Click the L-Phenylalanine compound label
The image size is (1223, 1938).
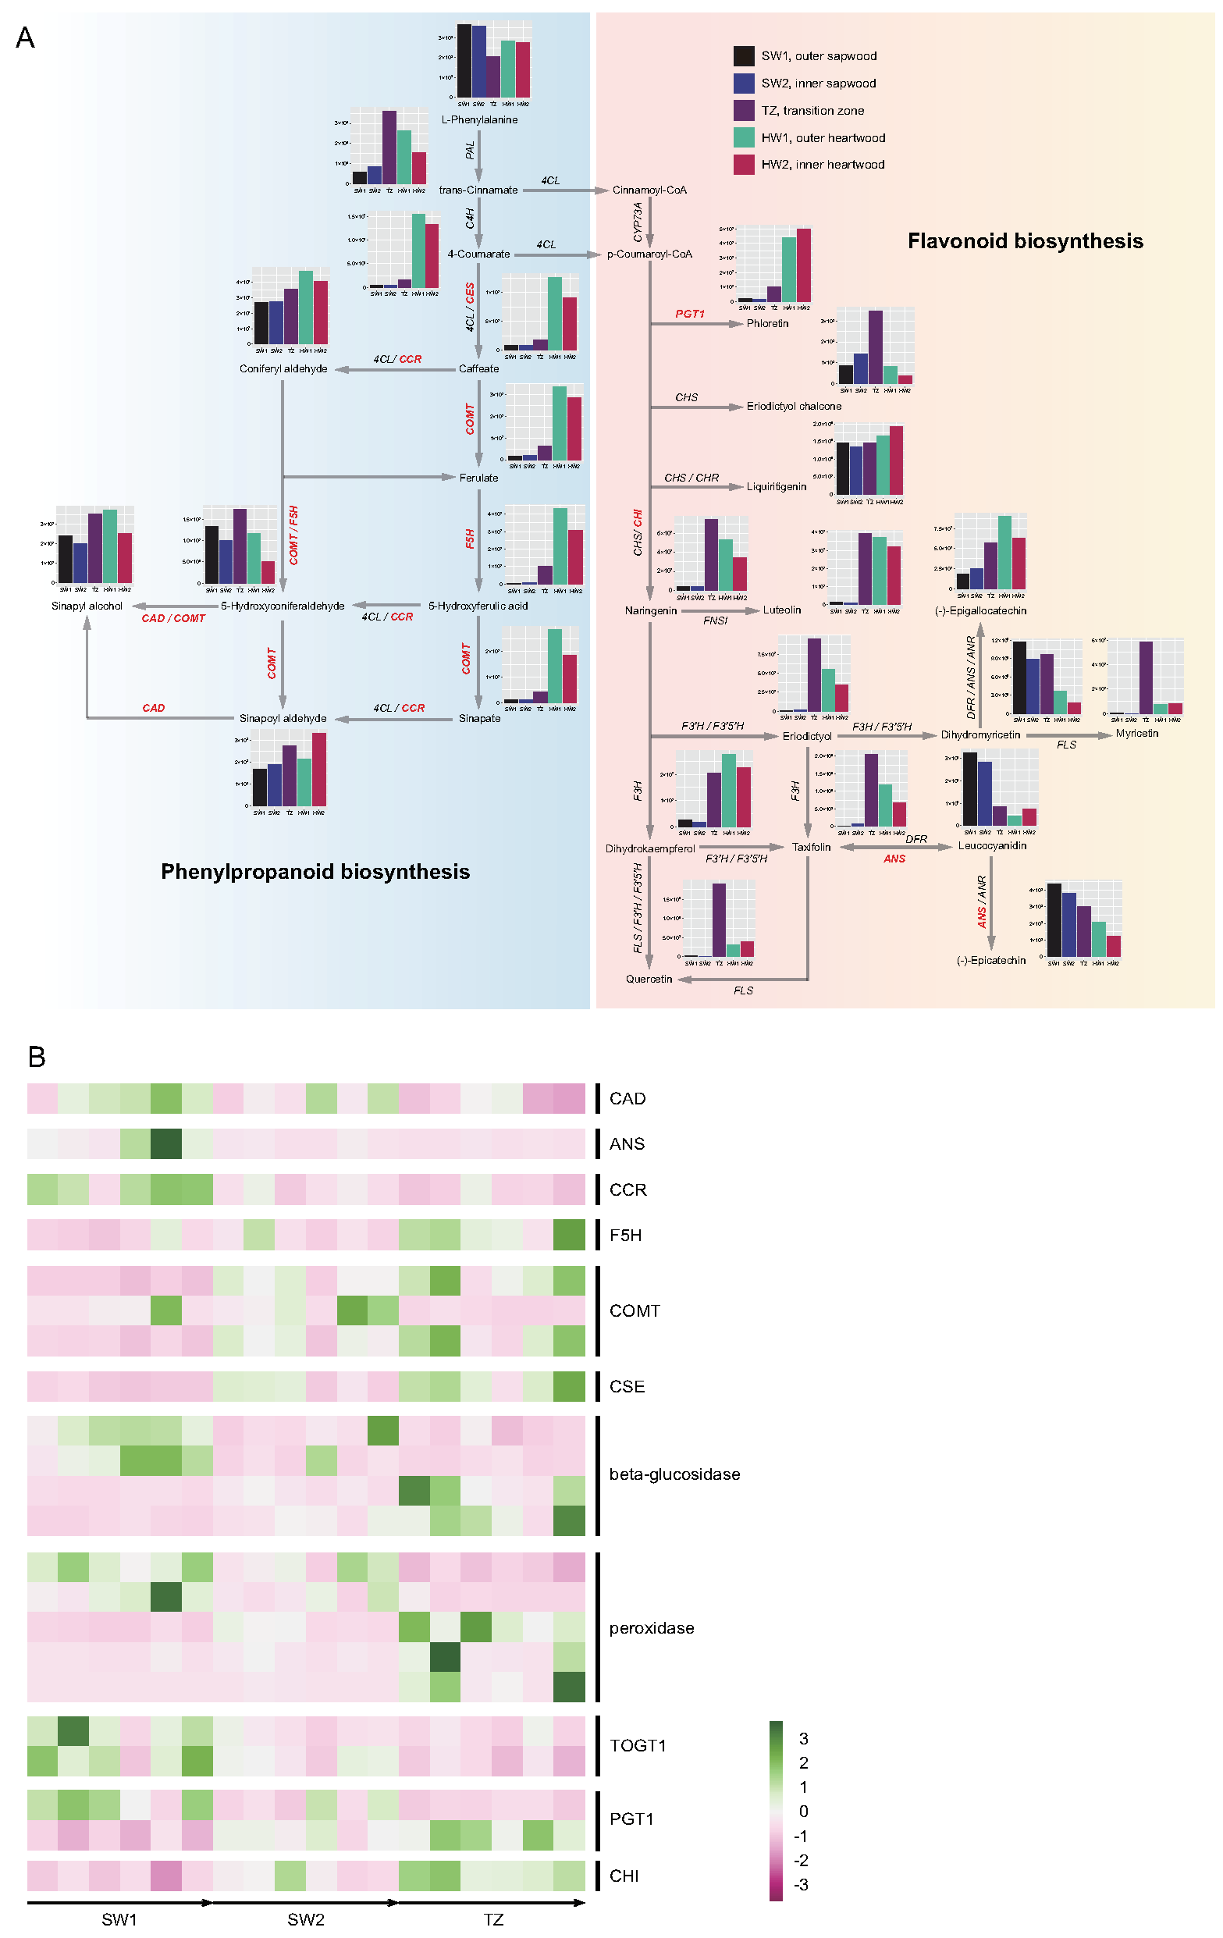coord(478,120)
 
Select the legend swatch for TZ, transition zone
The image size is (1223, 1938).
coord(744,110)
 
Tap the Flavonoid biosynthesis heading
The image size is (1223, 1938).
coord(1024,241)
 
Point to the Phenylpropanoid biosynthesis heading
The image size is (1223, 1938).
coord(315,872)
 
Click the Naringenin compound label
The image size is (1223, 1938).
coord(650,611)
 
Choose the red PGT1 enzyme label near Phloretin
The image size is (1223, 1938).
coord(689,314)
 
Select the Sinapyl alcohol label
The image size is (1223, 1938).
coord(87,606)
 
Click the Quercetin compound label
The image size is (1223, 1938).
coord(649,980)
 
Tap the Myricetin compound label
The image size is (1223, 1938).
coord(1136,733)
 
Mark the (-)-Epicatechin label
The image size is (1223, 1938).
coord(990,960)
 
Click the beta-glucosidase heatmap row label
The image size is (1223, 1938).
coord(674,1474)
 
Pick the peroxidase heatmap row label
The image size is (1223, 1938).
coord(651,1628)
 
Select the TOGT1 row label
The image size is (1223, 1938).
coord(637,1745)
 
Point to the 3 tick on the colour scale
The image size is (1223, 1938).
coord(803,1738)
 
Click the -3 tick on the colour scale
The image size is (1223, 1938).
coord(801,1884)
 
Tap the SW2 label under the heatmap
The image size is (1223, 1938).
coord(306,1919)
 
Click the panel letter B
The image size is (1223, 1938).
coord(36,1057)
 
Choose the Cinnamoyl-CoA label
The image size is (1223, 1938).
coord(649,190)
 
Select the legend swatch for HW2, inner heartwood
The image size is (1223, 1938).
coord(744,164)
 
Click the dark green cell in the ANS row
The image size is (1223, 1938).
coord(165,1143)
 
